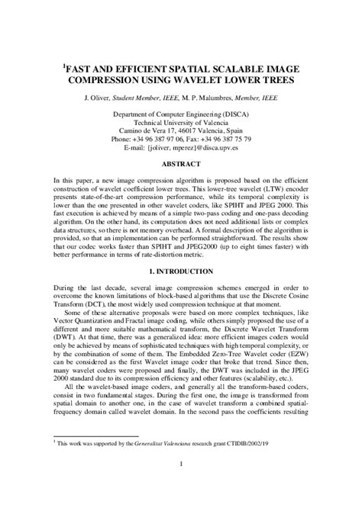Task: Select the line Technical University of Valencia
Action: pyautogui.click(x=181, y=121)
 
